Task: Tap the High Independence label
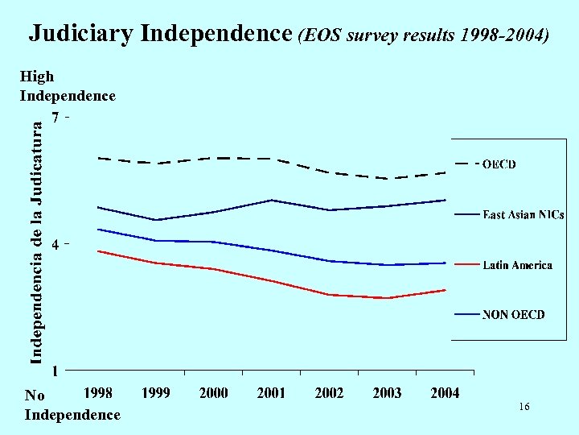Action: coord(67,86)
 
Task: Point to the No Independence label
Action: coord(72,405)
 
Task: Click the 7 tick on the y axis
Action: coord(55,118)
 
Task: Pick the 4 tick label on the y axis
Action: coord(55,245)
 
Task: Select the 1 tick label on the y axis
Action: coord(55,371)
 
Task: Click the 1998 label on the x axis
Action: coord(98,393)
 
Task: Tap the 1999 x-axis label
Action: coord(156,393)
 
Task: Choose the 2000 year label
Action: coord(214,393)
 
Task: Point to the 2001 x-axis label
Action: coord(272,393)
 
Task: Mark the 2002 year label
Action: coord(330,393)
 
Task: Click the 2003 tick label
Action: coord(388,393)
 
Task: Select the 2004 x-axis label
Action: coord(446,393)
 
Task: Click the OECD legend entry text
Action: coord(499,164)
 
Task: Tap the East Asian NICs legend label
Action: coord(523,215)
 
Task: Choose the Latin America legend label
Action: coord(517,265)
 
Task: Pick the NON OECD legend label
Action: coord(513,315)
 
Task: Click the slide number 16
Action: coord(524,408)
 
